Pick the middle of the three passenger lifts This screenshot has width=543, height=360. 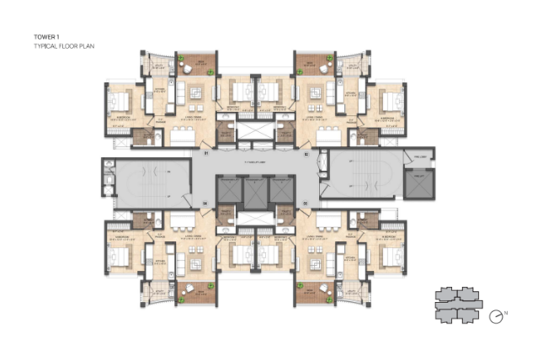254,190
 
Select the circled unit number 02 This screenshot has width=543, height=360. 306,154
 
